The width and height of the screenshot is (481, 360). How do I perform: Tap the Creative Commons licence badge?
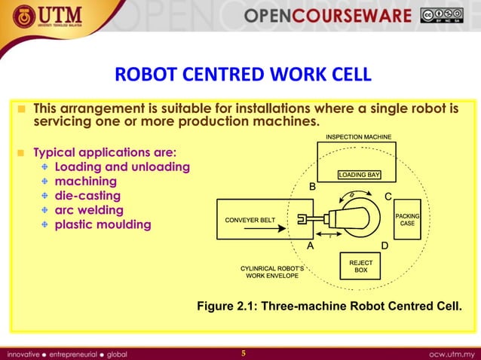(443, 16)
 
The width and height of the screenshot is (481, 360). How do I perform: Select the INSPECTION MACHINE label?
(358, 136)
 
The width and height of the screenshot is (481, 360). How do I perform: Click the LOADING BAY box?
(359, 175)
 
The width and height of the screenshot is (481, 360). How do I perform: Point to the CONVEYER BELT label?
(250, 220)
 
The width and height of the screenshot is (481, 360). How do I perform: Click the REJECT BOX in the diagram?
(361, 265)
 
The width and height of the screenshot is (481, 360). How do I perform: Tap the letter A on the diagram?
(310, 246)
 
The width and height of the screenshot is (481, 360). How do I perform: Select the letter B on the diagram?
(314, 186)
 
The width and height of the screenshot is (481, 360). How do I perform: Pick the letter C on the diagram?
(388, 197)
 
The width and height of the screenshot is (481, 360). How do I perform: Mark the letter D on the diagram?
(384, 246)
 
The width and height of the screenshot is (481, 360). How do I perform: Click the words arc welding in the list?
(90, 210)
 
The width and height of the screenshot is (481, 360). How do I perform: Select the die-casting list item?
(88, 196)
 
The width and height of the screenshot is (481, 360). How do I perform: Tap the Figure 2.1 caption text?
(329, 307)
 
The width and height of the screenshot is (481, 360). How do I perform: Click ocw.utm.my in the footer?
(450, 352)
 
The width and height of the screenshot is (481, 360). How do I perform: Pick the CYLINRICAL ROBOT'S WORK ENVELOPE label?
(272, 272)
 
